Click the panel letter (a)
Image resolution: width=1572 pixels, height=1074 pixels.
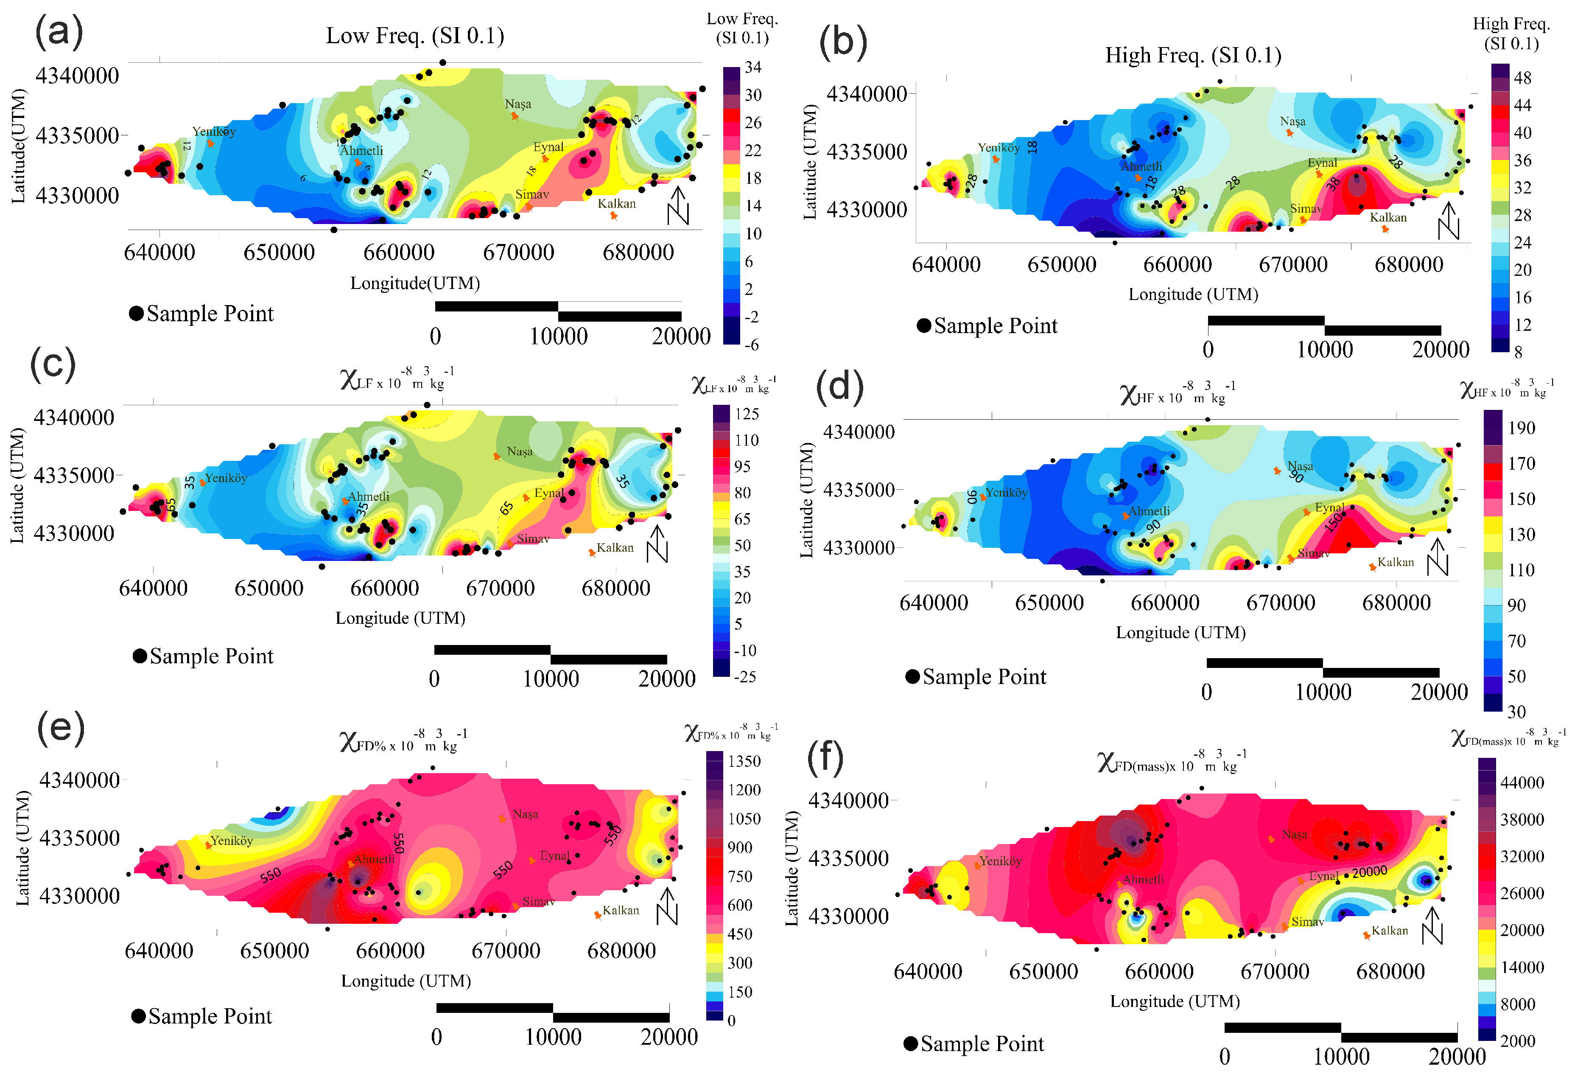59,33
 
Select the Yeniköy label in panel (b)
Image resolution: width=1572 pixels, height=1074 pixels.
999,148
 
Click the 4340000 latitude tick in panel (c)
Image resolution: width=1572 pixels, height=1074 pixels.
74,418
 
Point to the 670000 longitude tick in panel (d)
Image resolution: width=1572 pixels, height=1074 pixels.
1281,602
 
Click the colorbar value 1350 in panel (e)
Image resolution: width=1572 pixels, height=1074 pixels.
744,761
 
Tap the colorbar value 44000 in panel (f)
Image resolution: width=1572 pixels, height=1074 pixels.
1522,783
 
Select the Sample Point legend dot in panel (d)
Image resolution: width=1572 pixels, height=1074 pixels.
912,677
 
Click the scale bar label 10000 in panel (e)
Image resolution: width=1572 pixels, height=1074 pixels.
553,1037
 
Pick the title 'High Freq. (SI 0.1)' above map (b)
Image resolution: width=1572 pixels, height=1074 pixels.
1193,55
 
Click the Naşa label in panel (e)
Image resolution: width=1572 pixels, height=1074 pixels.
525,814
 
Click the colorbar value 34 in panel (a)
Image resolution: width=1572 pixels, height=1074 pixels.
753,67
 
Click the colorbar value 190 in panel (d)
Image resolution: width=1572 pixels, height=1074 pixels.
1521,428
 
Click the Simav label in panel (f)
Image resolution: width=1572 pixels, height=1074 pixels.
1307,922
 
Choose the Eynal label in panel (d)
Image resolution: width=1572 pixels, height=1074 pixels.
1329,508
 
